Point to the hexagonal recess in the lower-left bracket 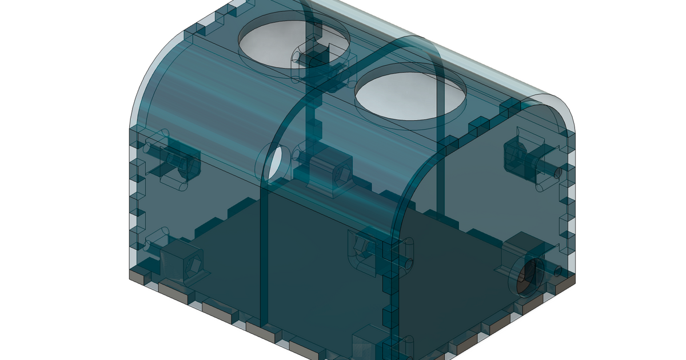pos(194,265)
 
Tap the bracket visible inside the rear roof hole pos(313,57)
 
